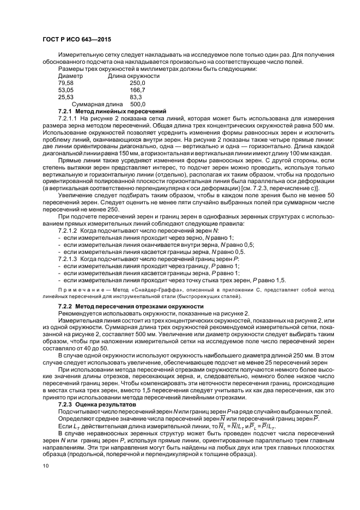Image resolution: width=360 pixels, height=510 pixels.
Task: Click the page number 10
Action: click(45, 466)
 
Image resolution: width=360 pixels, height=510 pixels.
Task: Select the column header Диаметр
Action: click(70, 76)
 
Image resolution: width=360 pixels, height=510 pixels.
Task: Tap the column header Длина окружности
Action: click(134, 76)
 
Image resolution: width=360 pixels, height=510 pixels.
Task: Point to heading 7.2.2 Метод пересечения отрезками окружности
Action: click(131, 306)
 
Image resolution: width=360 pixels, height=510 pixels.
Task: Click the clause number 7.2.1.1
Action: click(69, 118)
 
